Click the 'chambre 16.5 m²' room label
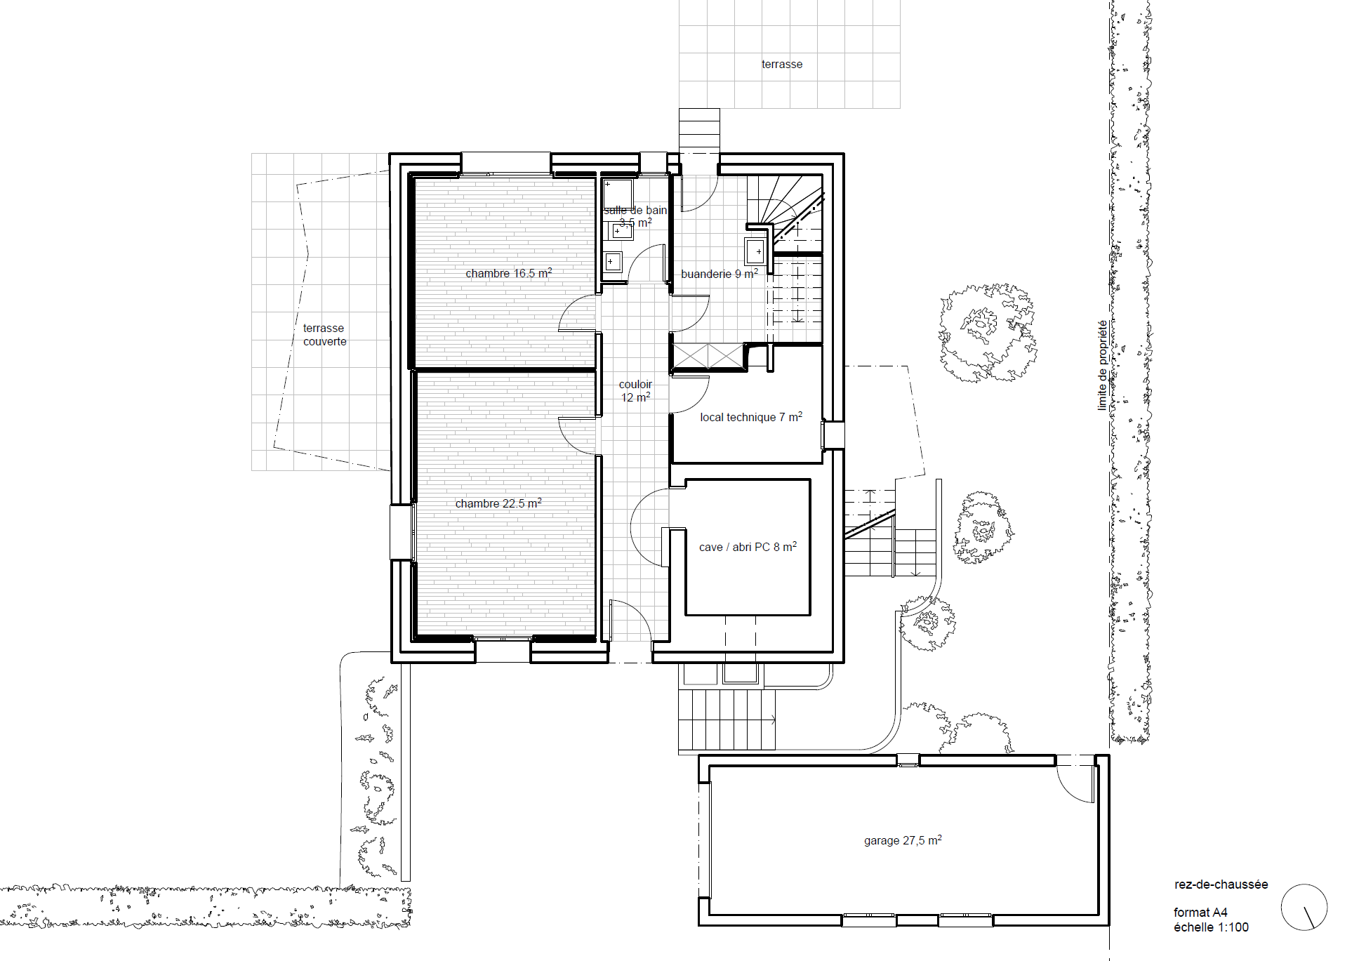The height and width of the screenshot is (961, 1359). click(x=508, y=273)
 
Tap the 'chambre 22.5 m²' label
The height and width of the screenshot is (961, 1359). click(x=498, y=503)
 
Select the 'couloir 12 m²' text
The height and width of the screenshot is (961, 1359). click(x=635, y=391)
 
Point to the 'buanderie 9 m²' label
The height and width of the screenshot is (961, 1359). click(x=719, y=274)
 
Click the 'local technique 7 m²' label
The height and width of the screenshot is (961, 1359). click(x=750, y=417)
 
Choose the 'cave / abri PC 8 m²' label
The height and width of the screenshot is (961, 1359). click(x=748, y=547)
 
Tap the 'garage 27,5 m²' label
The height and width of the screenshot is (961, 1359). click(x=902, y=840)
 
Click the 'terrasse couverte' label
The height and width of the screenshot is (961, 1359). click(x=324, y=335)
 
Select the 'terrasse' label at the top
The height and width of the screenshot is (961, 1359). click(x=781, y=64)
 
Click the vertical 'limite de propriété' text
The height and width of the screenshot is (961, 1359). click(x=1102, y=365)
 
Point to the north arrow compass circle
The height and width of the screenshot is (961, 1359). click(x=1304, y=907)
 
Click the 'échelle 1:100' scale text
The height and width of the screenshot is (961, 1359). click(x=1211, y=927)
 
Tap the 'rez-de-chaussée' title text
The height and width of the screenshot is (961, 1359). click(x=1221, y=884)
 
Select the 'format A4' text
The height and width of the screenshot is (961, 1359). click(x=1200, y=913)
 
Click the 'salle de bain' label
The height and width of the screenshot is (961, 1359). click(x=635, y=211)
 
